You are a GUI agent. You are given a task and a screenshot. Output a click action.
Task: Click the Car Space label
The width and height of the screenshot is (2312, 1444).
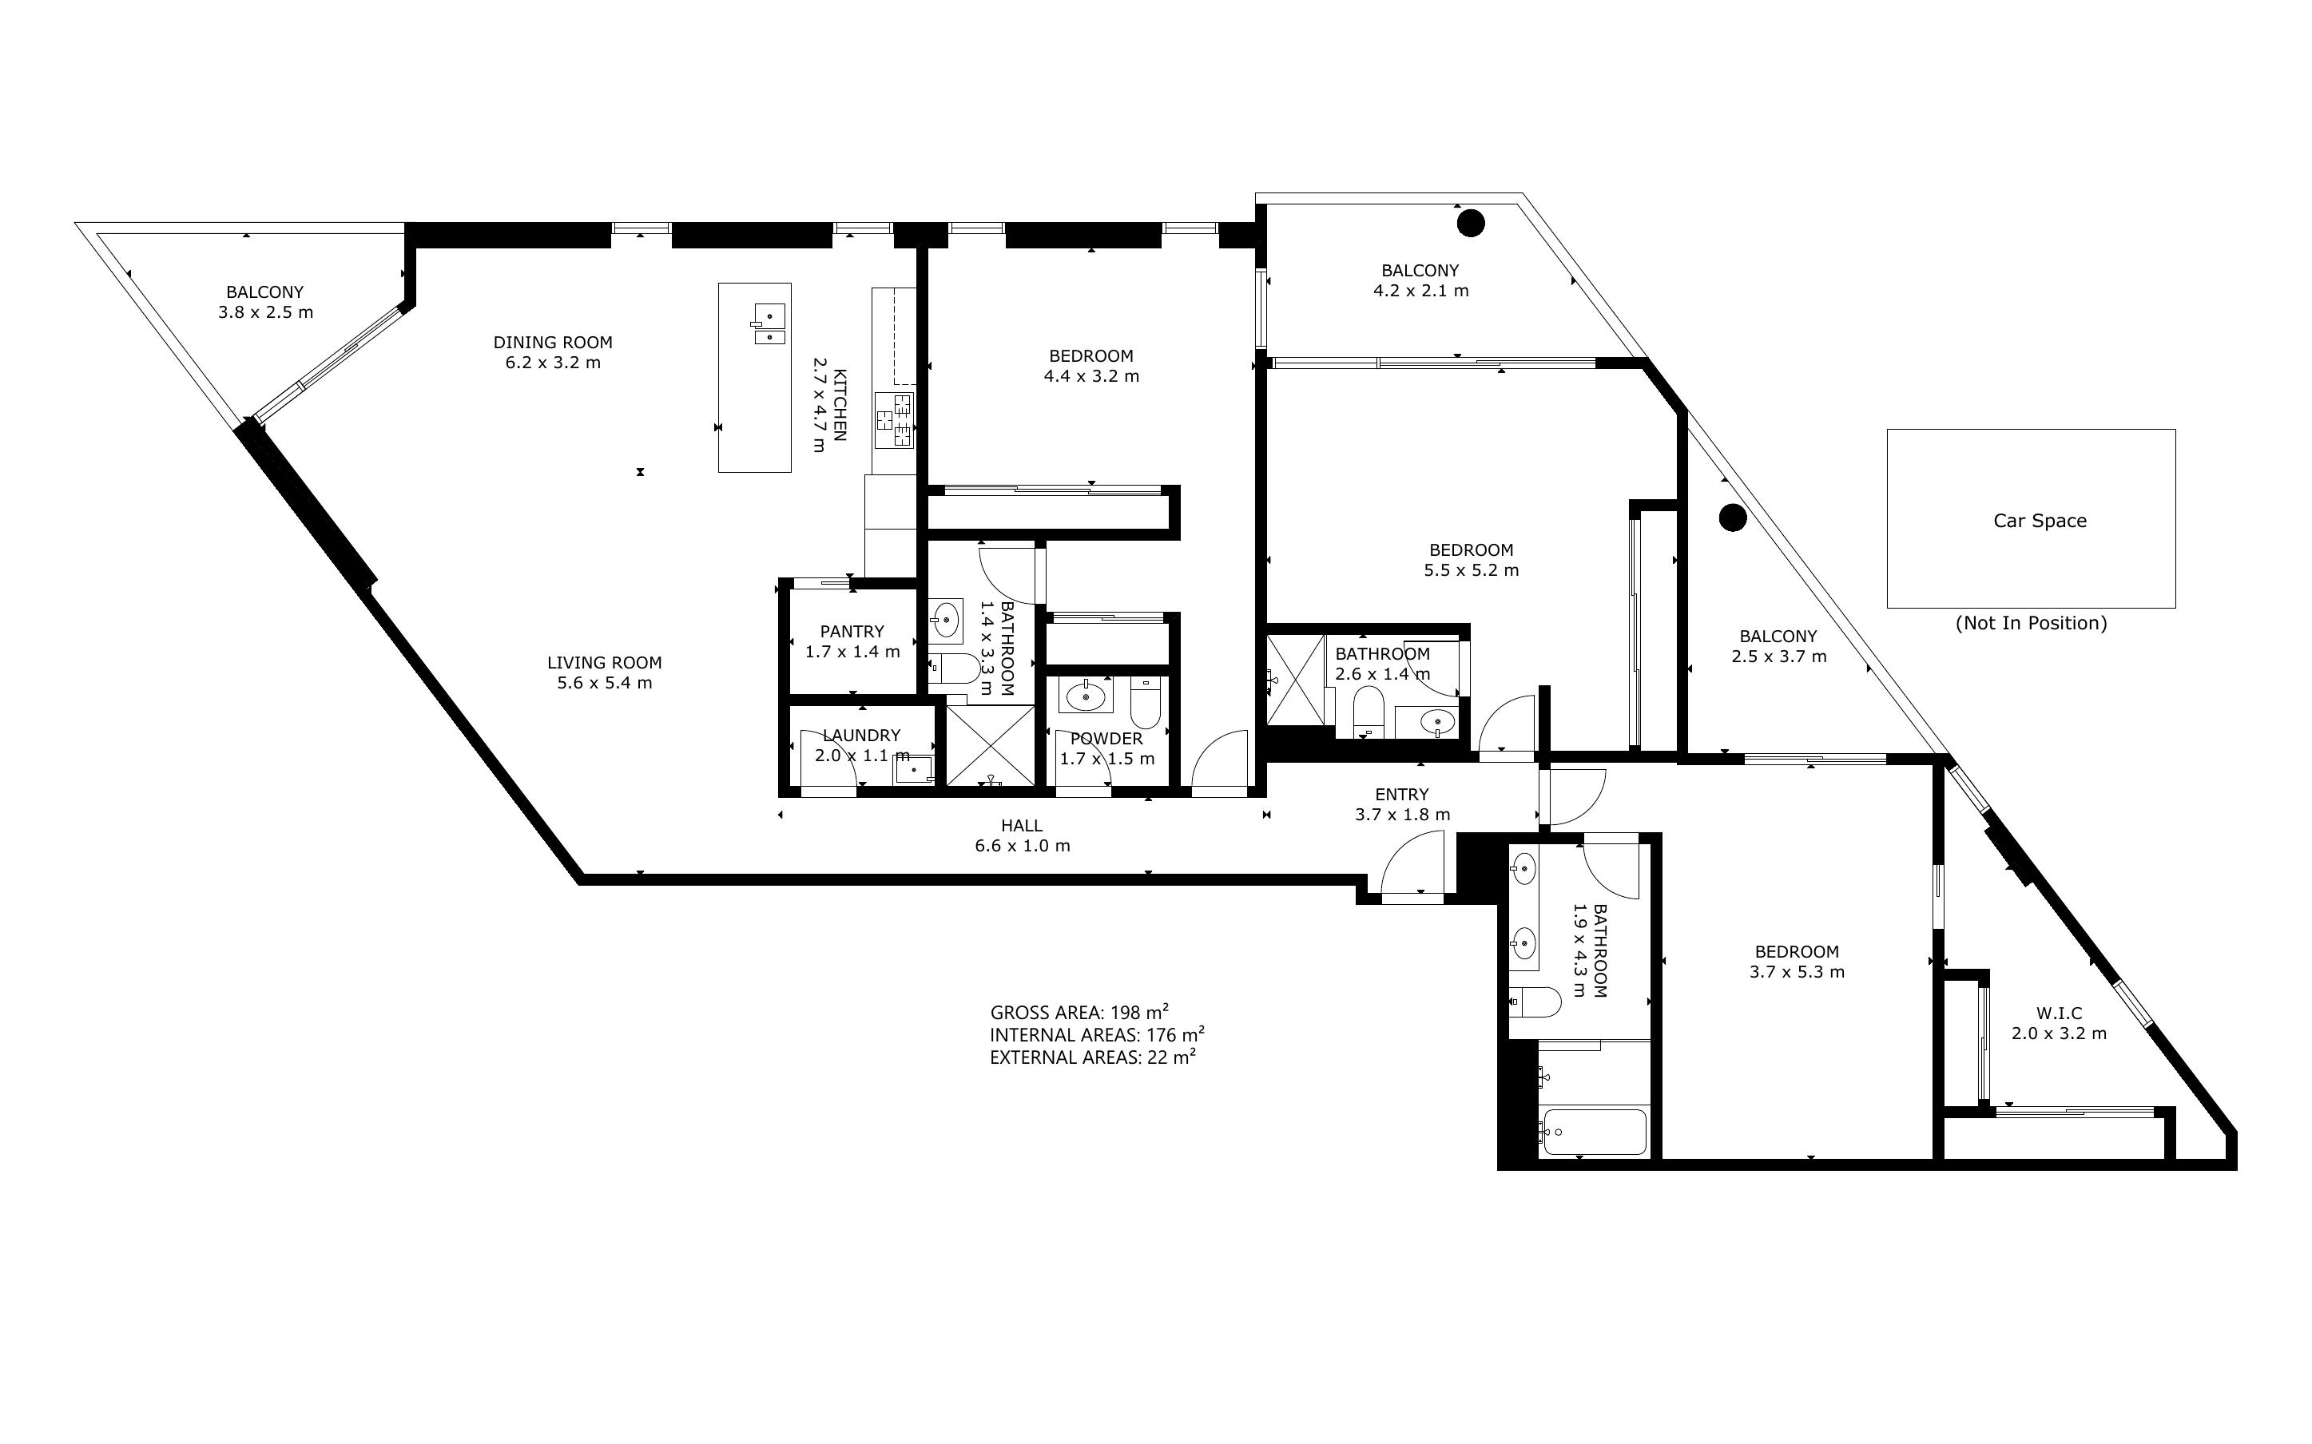coord(2040,521)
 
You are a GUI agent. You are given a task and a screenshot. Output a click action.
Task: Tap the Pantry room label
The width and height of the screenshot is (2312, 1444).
coord(852,631)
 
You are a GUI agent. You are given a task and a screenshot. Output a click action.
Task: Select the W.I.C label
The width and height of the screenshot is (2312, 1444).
coord(2059,1013)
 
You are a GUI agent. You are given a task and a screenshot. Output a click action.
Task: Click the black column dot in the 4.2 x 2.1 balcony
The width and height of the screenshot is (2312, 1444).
coord(1471,223)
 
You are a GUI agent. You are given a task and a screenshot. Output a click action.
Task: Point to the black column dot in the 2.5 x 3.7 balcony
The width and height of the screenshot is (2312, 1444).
coord(1732,518)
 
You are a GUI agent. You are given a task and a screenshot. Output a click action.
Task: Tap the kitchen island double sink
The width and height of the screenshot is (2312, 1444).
coord(769,323)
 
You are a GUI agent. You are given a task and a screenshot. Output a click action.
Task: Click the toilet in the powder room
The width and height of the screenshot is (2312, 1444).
coord(1144,702)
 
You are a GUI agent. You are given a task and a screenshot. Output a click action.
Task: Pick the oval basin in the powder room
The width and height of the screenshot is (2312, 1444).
coord(1085,696)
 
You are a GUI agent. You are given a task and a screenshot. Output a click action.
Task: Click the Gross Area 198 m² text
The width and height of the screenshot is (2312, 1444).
coord(1079,1013)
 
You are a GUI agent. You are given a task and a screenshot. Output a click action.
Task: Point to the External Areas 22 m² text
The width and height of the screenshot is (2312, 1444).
coord(1093,1057)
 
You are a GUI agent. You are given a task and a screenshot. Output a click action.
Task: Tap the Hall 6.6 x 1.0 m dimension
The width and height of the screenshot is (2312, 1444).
coord(1022,845)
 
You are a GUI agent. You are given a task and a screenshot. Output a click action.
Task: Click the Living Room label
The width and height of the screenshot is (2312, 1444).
coord(605,662)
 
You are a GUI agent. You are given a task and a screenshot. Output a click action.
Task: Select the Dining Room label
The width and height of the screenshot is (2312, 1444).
coord(553,342)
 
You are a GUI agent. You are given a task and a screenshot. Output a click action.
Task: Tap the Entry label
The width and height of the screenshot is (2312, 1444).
coord(1402,794)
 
